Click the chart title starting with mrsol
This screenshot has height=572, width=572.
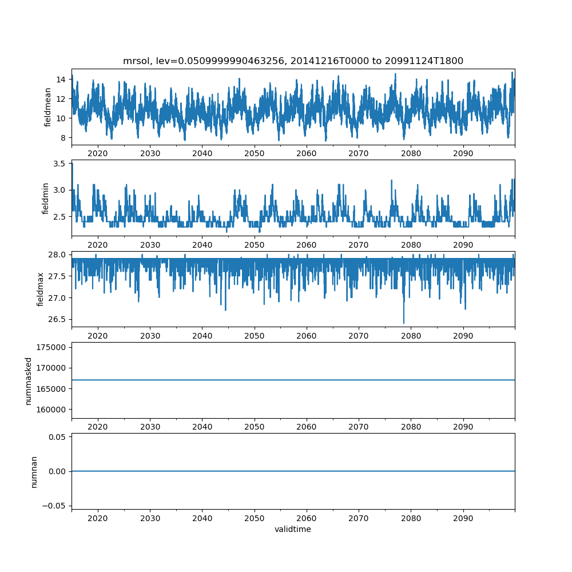pos(293,61)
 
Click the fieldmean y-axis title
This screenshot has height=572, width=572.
pos(48,107)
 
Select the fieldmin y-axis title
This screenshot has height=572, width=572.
pos(45,198)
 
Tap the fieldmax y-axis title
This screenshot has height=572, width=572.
pos(41,289)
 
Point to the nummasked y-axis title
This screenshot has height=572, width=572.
pos(28,380)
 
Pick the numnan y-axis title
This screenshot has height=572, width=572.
pos(34,471)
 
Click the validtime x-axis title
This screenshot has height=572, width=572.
pos(293,529)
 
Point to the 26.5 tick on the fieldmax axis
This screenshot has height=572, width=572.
pos(57,319)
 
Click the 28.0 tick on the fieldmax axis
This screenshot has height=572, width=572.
pos(57,255)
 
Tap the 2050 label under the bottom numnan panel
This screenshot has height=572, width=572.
pos(254,518)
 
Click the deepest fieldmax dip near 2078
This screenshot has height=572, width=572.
pos(404,323)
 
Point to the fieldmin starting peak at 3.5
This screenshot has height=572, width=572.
pos(72,164)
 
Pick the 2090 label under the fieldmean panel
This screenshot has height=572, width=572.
pos(463,153)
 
